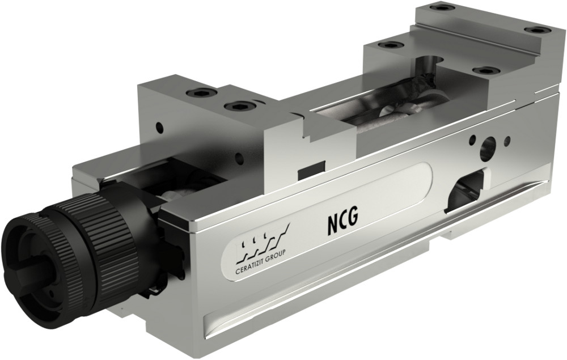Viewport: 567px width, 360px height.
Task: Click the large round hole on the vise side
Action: point(487,149)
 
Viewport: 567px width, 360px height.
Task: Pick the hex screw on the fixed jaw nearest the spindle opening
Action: point(391,45)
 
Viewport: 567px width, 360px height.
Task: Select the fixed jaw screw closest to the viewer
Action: point(486,70)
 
